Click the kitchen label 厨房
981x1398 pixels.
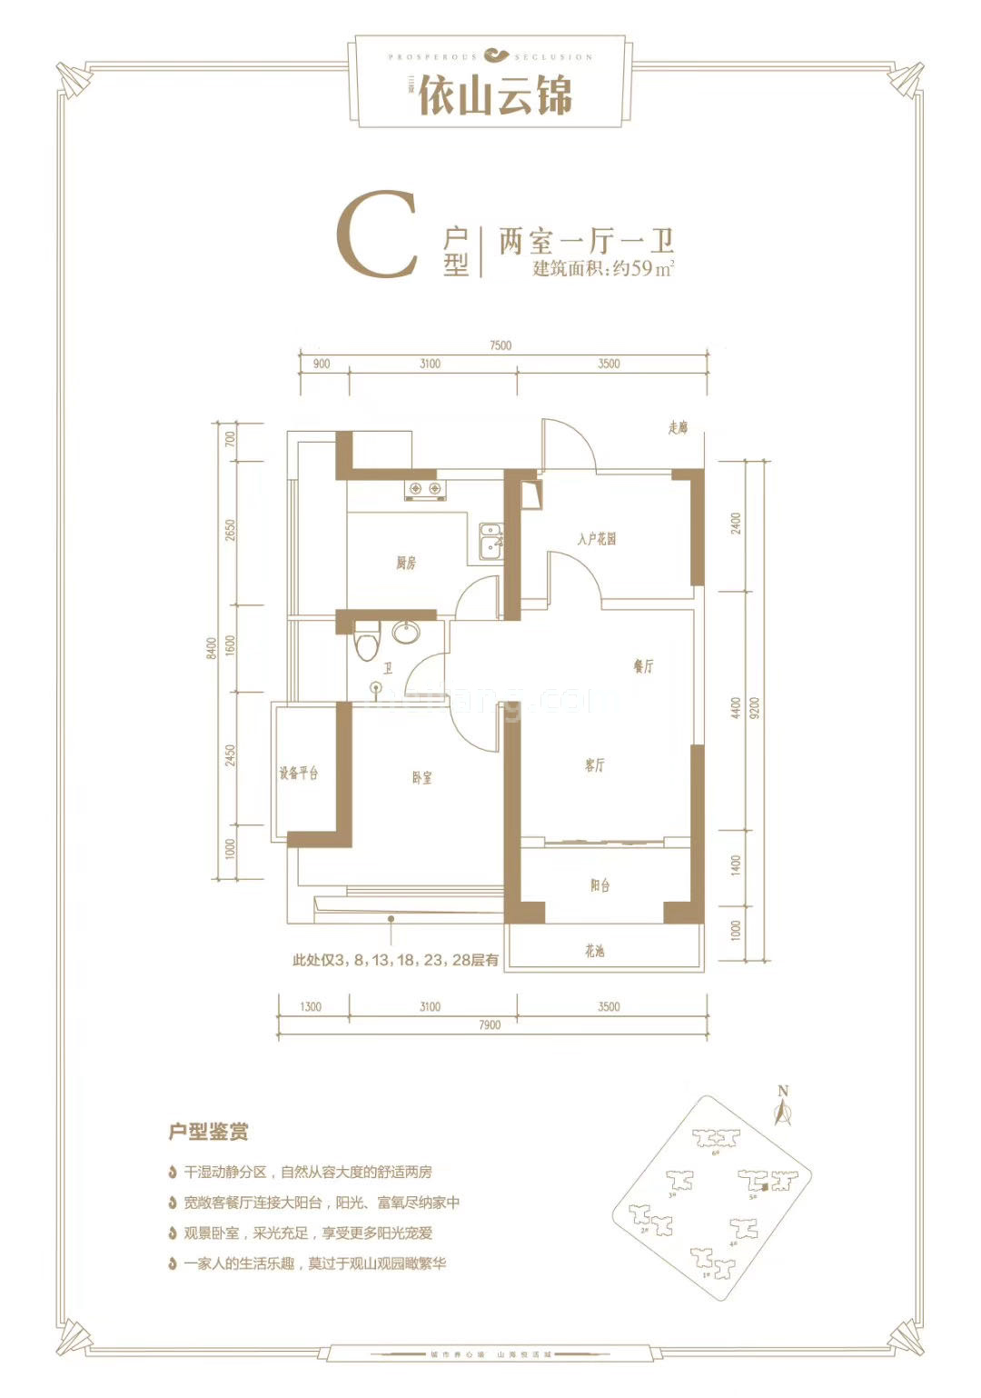[405, 564]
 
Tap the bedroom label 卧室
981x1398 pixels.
[421, 778]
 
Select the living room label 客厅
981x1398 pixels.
[594, 765]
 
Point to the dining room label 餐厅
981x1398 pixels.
[643, 666]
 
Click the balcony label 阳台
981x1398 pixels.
[599, 885]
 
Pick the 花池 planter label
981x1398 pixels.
[595, 951]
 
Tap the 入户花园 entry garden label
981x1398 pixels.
[596, 539]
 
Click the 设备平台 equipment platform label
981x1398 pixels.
[299, 774]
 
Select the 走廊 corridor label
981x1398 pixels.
[678, 427]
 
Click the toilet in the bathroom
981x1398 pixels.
[368, 642]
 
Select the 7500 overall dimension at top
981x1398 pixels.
[500, 345]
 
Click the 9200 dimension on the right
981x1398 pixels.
[755, 708]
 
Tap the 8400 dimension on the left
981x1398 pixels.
[211, 650]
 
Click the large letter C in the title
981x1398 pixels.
[377, 235]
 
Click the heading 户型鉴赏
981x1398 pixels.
[209, 1133]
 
